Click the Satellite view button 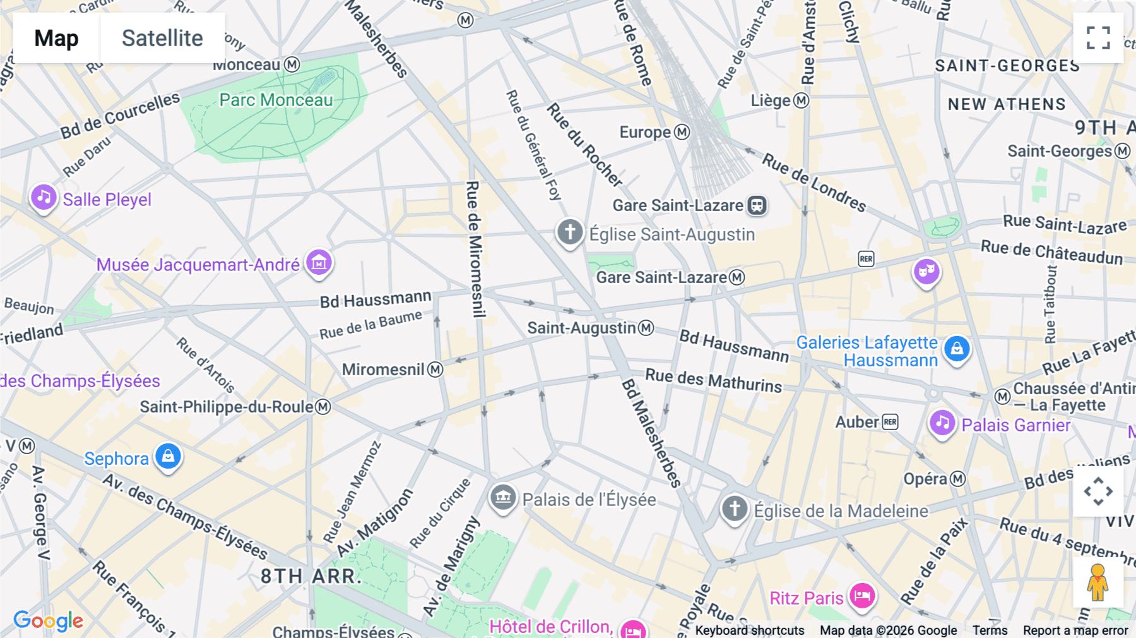(162, 38)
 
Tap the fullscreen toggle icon (1098, 38)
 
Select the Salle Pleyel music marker (44, 198)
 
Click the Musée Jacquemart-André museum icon (319, 262)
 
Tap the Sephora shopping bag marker (168, 456)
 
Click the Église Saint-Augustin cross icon (569, 232)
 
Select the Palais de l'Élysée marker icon (503, 498)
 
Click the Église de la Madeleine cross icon (735, 509)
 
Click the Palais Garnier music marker (942, 423)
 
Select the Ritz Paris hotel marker (862, 596)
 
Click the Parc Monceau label (276, 100)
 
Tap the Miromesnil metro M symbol (435, 370)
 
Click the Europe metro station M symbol (682, 132)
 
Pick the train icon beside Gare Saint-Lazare (757, 205)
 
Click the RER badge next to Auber (890, 422)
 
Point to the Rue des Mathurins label (713, 380)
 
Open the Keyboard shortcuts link (749, 630)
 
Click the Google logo (48, 621)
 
